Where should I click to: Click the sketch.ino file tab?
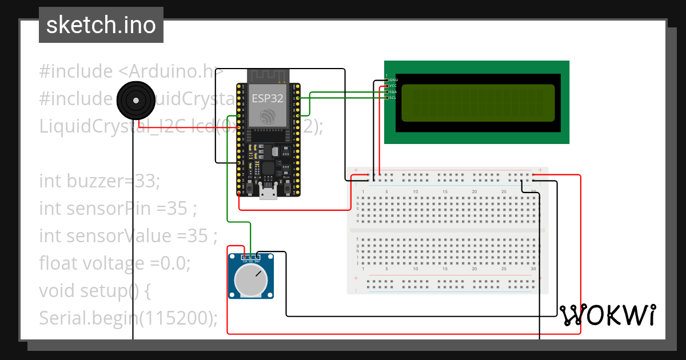point(101,25)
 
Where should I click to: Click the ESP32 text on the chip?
point(268,98)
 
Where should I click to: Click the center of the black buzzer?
point(135,101)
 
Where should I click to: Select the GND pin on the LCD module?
point(387,80)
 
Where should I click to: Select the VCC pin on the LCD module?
point(387,86)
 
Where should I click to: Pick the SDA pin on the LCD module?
point(387,92)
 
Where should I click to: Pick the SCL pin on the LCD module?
point(387,98)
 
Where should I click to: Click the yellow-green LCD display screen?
point(477,103)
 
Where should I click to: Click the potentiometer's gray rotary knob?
point(251,279)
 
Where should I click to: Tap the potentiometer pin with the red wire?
point(245,258)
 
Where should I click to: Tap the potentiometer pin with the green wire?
point(251,258)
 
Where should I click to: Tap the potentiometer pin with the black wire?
point(257,258)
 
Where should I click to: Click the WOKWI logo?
point(607,315)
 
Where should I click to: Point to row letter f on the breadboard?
point(358,239)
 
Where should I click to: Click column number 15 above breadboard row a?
point(445,191)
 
